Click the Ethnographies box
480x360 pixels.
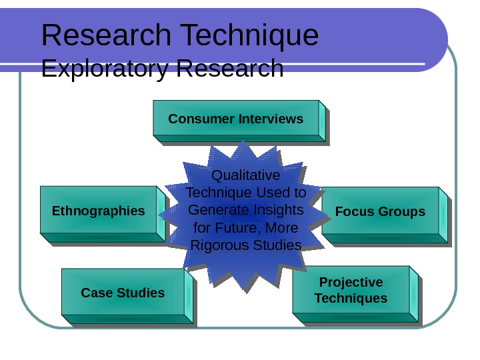tap(99, 211)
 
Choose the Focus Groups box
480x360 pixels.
tap(380, 211)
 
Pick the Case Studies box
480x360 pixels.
tap(123, 293)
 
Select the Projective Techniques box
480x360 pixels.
tap(351, 290)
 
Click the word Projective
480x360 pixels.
tap(351, 282)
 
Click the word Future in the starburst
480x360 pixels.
tap(234, 228)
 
